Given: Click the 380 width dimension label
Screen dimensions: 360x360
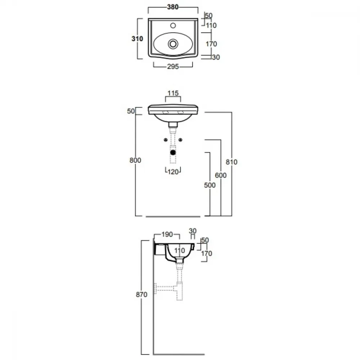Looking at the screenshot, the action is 173,7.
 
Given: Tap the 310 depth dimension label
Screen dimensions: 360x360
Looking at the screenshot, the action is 137,39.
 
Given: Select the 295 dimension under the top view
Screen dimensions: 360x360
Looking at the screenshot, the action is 173,67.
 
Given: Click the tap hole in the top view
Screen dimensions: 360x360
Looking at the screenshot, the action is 173,26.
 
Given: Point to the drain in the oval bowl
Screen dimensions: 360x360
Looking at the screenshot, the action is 173,44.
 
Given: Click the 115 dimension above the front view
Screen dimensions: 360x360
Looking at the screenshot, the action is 173,93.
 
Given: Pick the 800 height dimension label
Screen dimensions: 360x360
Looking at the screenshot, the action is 135,160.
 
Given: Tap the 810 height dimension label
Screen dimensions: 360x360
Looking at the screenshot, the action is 231,162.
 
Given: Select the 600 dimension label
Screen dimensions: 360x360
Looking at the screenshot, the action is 221,175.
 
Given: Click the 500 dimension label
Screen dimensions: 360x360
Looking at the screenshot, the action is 210,185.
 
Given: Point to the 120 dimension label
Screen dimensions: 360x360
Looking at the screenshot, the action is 173,172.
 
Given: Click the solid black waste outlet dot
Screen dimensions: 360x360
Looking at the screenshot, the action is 173,152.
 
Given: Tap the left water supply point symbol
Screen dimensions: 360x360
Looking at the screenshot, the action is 166,140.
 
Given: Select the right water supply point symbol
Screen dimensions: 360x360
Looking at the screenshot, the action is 180,140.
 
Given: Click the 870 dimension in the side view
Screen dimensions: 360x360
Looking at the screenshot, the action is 141,294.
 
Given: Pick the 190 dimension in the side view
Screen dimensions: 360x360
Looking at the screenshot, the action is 167,234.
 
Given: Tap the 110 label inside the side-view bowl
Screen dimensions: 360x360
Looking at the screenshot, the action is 180,251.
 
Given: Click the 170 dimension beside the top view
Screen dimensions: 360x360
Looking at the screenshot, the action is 211,44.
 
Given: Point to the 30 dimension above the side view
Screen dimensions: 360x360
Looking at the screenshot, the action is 193,231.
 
